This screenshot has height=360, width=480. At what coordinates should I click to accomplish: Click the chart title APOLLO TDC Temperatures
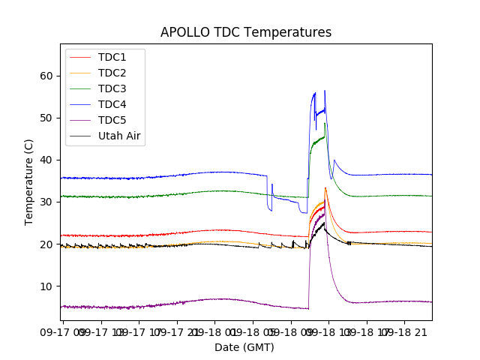coord(246,32)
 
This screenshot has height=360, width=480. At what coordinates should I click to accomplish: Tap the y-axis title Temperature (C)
coord(29,182)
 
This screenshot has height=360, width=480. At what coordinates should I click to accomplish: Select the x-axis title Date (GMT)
coord(244,347)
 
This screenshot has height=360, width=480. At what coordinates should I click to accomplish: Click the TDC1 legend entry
coord(112,57)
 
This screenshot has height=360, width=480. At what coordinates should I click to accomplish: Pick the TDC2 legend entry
coord(112,73)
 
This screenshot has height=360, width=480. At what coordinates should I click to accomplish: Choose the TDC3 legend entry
coord(112,88)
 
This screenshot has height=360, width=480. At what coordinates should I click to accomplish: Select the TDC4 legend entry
coord(112,104)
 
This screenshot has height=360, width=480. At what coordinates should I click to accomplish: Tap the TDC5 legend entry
coord(112,120)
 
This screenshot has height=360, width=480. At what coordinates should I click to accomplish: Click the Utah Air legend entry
coord(120,136)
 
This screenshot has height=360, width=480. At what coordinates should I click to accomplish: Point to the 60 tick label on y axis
coord(47,76)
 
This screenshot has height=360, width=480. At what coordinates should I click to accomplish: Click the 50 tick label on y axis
coord(47,118)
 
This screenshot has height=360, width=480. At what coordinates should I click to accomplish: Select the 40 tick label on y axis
coord(47,160)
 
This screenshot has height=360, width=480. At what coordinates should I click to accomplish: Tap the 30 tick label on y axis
coord(47,202)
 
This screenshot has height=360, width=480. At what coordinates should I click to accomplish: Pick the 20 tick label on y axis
coord(47,244)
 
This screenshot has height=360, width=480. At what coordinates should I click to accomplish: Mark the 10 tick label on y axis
coord(47,286)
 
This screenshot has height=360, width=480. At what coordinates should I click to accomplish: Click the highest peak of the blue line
coord(325,91)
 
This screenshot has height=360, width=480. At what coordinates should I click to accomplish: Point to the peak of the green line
coord(325,124)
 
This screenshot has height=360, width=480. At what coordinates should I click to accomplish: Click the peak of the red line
coord(325,188)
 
